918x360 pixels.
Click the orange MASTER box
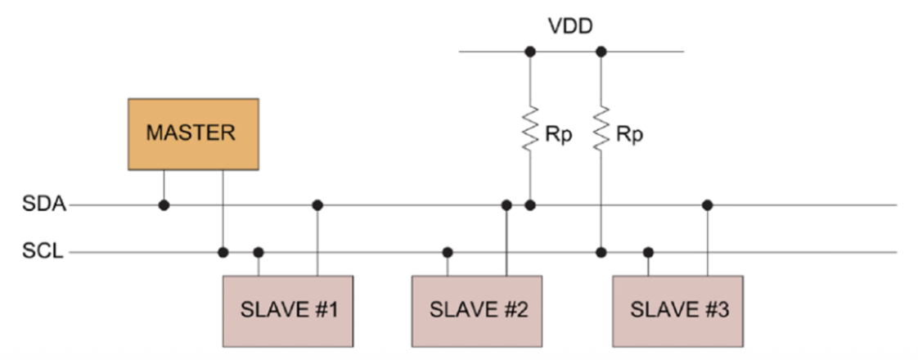tap(193, 133)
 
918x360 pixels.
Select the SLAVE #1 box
tap(288, 311)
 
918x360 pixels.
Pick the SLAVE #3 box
tap(678, 311)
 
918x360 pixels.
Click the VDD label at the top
tap(570, 27)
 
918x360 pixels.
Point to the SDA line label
tap(43, 205)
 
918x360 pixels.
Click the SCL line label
tap(43, 252)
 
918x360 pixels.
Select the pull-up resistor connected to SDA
tap(530, 127)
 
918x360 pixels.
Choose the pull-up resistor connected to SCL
tap(601, 127)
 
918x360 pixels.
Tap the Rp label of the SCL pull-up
tap(629, 135)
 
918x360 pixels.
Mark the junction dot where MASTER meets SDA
tap(164, 205)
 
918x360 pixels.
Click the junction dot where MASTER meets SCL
tap(223, 252)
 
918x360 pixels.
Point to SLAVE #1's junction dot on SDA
tap(317, 205)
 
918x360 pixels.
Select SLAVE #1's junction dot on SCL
tap(259, 252)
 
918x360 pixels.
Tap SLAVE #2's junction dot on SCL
tap(448, 252)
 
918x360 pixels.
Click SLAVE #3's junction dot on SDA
tap(708, 205)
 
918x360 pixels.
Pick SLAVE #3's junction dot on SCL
tap(648, 252)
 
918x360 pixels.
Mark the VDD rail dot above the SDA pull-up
tap(530, 52)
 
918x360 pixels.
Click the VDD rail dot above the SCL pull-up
tap(601, 52)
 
